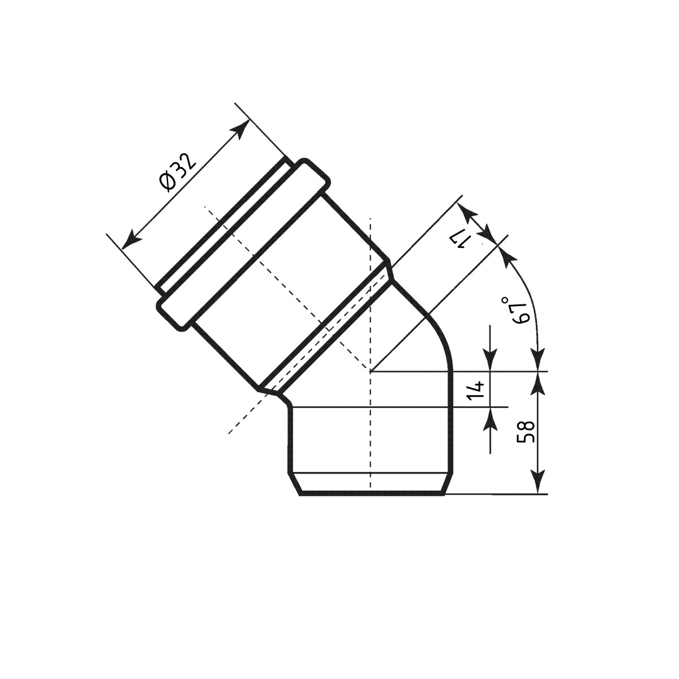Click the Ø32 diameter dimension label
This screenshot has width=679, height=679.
pos(177,172)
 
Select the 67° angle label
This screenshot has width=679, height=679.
pos(517,310)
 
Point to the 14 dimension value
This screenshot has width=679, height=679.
pos(475,391)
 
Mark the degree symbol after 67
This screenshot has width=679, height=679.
pos(505,300)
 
